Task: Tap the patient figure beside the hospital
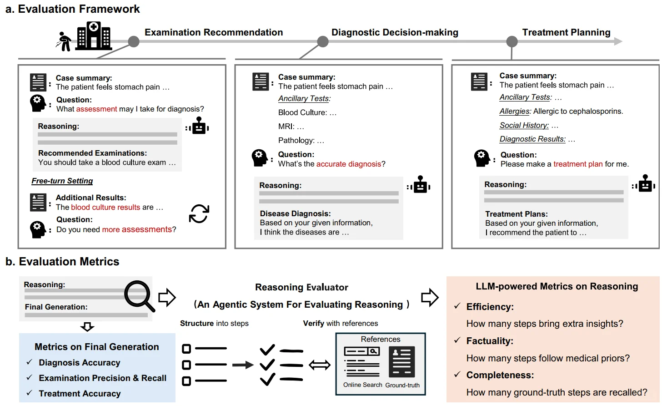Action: tap(64, 41)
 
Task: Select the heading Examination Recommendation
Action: tap(214, 32)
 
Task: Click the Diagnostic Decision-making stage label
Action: tap(395, 32)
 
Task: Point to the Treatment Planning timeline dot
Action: tap(512, 41)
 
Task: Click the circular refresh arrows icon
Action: tap(199, 213)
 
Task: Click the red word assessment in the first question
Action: tap(96, 109)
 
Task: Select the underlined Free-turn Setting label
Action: tap(62, 181)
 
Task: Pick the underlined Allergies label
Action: tap(515, 111)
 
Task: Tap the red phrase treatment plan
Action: tap(578, 164)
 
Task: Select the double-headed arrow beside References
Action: tap(320, 365)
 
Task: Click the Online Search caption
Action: tap(362, 385)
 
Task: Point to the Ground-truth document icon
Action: tap(402, 362)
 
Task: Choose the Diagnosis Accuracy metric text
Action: tap(80, 362)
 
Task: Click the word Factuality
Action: tap(490, 341)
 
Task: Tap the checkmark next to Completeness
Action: tap(457, 375)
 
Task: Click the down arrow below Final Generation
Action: tap(87, 326)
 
